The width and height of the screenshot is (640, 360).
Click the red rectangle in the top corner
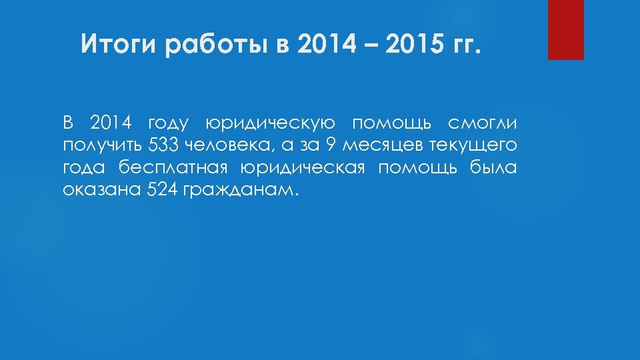tap(565, 29)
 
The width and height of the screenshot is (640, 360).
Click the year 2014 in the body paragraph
tap(111, 123)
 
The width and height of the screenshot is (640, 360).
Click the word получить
tap(103, 145)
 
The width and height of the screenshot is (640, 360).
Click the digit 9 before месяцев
tap(331, 145)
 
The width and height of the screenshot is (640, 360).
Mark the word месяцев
tap(375, 145)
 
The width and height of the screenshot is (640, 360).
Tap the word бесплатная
tap(171, 167)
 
